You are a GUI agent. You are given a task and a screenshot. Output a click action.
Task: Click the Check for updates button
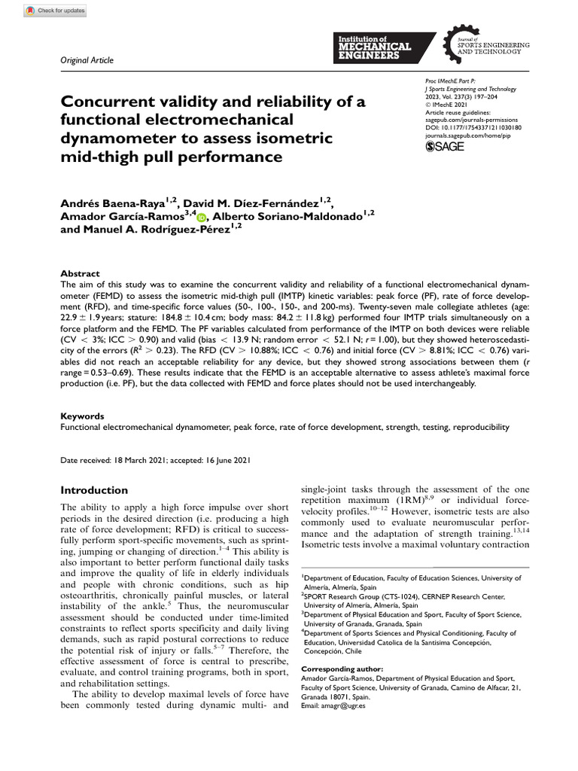coord(55,11)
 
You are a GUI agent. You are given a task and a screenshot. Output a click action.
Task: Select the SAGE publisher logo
coord(446,146)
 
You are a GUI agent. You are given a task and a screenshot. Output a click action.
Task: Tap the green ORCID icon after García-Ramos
coord(201,218)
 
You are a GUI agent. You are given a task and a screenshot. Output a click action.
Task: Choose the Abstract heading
coord(79,274)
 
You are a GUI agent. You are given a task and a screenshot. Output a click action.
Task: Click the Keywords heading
coord(82,416)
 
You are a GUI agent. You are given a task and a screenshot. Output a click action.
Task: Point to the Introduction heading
coord(94,490)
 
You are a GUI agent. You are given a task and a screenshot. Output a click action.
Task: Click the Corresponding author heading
coord(341,669)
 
